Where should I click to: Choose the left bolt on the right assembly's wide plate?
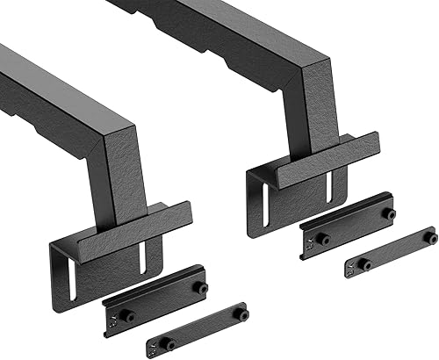323,239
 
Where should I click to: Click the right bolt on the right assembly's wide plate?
387,213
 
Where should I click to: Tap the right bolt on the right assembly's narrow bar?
430,237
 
